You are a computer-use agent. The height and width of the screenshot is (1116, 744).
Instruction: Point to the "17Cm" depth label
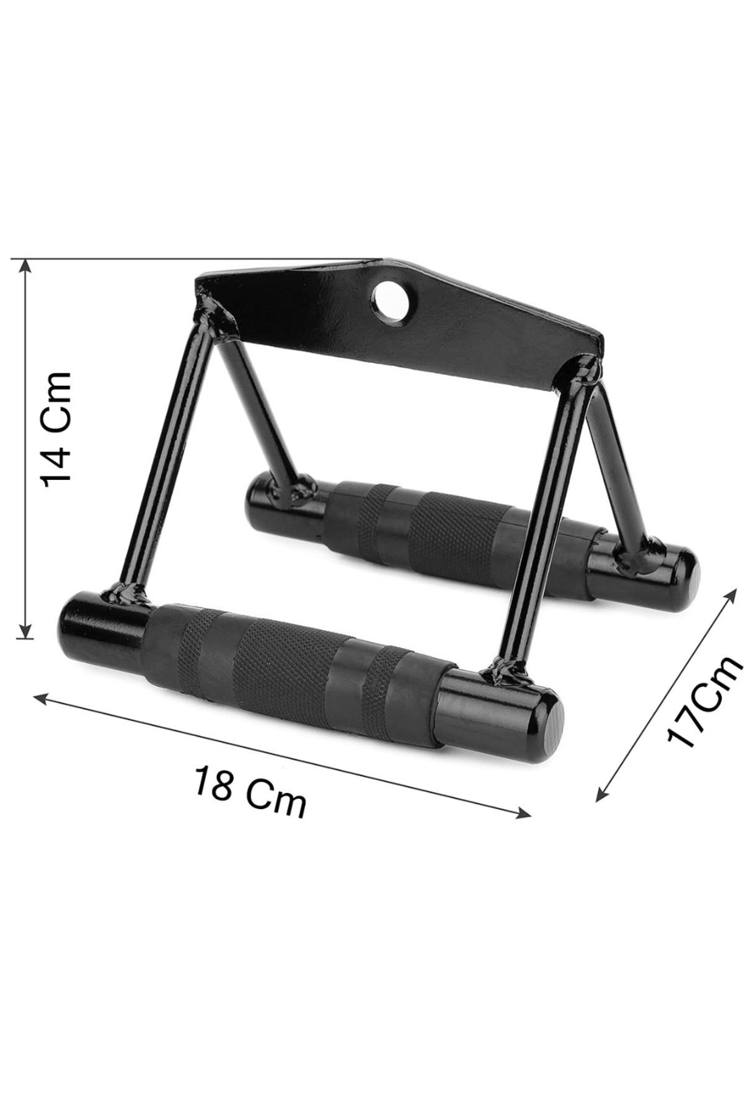point(704,699)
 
